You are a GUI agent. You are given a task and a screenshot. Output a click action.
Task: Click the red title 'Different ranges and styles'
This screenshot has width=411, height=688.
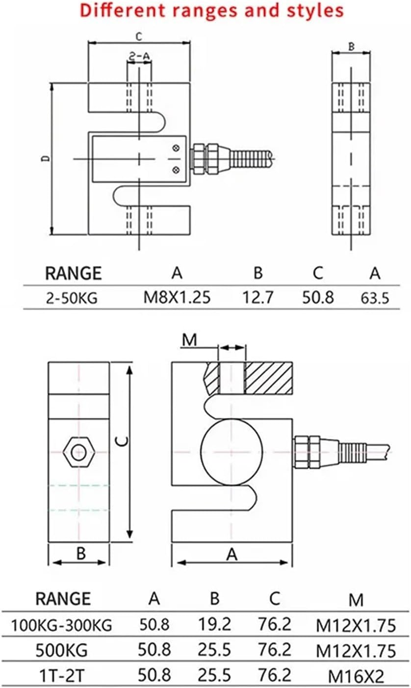click(x=211, y=11)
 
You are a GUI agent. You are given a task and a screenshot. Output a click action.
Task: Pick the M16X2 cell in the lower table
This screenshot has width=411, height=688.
click(x=356, y=676)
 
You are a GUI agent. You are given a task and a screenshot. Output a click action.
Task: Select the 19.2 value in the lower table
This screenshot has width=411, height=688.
click(x=214, y=624)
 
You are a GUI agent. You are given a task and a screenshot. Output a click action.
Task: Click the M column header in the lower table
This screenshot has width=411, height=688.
click(x=356, y=599)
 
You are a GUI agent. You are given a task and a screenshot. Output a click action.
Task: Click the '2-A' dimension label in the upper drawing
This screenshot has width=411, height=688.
click(x=139, y=57)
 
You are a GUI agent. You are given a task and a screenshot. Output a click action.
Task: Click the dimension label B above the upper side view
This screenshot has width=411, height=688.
click(x=351, y=47)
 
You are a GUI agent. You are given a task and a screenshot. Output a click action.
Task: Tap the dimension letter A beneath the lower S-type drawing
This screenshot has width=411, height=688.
click(x=232, y=554)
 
